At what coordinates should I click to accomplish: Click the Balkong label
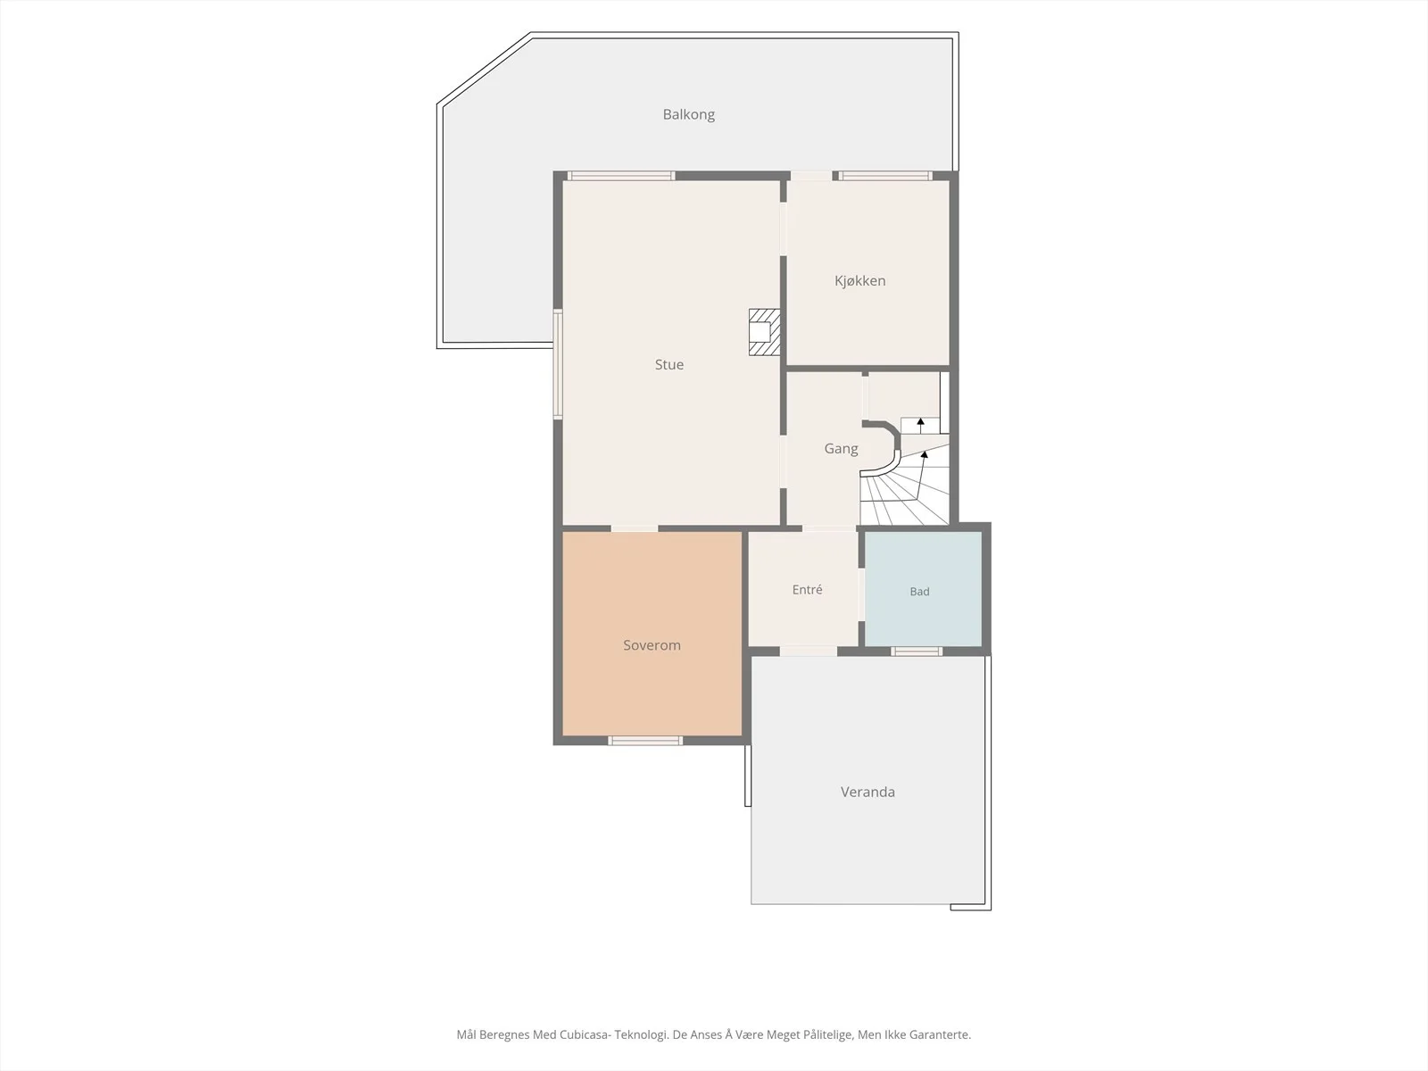tap(688, 114)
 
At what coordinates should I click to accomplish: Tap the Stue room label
tap(668, 365)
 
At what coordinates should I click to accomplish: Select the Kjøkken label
tap(859, 281)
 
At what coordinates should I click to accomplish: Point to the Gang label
tap(841, 449)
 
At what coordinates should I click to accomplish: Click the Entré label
tap(807, 590)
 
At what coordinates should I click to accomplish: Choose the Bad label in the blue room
tap(919, 592)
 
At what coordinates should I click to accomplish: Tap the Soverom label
tap(652, 645)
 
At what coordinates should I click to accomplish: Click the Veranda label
tap(868, 792)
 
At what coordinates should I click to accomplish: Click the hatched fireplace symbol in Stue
tap(764, 332)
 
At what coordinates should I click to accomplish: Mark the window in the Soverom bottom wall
tap(645, 741)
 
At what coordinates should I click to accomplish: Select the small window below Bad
tap(917, 652)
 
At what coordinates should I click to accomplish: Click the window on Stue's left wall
tap(558, 364)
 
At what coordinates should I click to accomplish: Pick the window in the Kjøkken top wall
tap(884, 176)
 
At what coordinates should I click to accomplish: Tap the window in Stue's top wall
tap(620, 176)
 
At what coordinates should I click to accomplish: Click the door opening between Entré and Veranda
tap(808, 651)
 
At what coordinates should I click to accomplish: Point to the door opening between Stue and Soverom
tap(635, 528)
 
